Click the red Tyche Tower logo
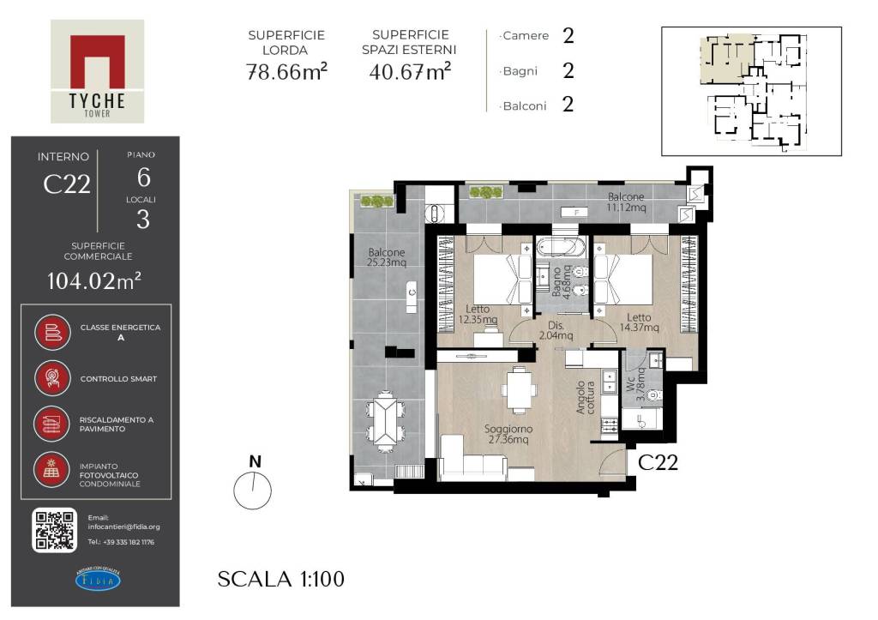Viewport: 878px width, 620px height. (98, 71)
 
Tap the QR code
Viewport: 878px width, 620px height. (54, 530)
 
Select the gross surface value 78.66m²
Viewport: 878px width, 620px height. (286, 72)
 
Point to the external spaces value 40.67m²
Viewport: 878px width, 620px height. (410, 72)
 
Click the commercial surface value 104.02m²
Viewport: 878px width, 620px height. (94, 280)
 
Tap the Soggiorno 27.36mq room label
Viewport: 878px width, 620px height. (508, 434)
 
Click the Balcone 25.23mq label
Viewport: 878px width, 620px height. (387, 257)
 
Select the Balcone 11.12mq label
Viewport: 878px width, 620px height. (626, 202)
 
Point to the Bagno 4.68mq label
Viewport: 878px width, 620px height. (561, 282)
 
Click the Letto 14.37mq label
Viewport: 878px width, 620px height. (639, 322)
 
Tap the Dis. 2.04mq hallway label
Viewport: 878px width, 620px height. (556, 330)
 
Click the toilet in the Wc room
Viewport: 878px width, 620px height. (653, 394)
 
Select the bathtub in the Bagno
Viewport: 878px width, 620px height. (560, 246)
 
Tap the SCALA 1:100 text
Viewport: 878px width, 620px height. (281, 579)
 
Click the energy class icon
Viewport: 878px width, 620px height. (51, 332)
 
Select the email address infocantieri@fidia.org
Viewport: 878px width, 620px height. (123, 527)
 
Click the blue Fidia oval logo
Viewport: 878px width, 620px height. (98, 580)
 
